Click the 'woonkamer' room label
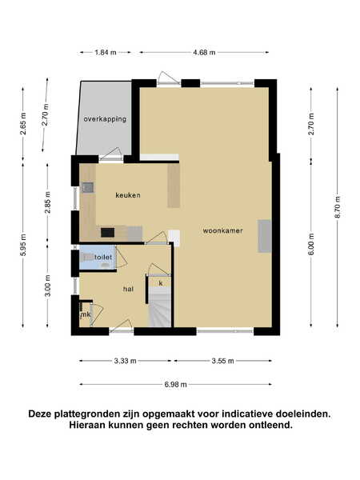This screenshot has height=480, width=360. pos(222,230)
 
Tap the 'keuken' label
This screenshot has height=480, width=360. pos(128,195)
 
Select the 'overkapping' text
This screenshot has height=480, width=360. pos(105,118)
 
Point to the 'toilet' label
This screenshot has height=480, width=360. pos(103,257)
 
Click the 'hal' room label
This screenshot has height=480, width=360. pos(128,289)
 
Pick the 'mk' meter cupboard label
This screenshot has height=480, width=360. pos(85,314)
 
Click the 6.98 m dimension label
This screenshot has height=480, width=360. pos(175,385)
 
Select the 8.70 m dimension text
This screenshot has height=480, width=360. pos(338,206)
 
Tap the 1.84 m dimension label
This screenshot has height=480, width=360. pos(106,52)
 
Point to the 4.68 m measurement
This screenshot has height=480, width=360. pos(204,52)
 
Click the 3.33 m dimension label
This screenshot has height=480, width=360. pos(126,361)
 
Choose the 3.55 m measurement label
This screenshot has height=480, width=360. pos(222,361)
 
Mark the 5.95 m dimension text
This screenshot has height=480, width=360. pos(23,245)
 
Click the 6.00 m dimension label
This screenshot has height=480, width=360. pos(311,244)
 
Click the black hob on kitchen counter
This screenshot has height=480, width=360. pos(108,232)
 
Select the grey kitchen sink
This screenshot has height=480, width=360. pos(87,187)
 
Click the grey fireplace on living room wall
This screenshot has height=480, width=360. pos(265,236)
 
